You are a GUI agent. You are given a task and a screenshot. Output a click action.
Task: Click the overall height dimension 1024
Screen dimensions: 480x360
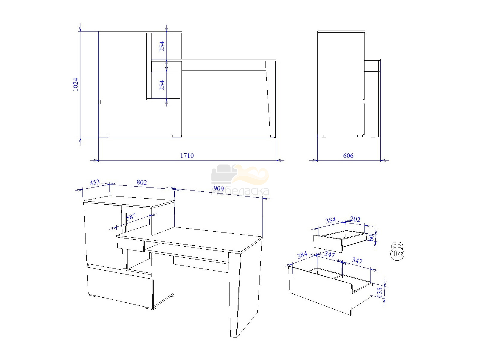pyautogui.click(x=75, y=84)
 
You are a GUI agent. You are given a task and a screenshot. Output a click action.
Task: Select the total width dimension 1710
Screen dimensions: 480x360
pyautogui.click(x=187, y=156)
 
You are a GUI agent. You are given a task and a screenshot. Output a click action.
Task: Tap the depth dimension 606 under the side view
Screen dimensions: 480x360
pyautogui.click(x=348, y=156)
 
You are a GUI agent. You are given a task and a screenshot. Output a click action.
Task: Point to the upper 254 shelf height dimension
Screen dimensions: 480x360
pyautogui.click(x=162, y=46)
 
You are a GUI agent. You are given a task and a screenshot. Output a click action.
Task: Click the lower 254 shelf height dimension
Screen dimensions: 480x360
pyautogui.click(x=162, y=85)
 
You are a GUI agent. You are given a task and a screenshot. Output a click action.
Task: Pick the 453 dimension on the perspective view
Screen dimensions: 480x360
pyautogui.click(x=95, y=182)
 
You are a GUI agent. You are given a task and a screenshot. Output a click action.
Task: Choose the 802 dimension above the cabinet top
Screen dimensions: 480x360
pyautogui.click(x=142, y=182)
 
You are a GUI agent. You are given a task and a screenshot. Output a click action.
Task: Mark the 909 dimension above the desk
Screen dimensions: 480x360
pyautogui.click(x=219, y=188)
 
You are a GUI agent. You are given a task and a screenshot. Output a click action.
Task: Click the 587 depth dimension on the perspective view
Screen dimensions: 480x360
pyautogui.click(x=131, y=217)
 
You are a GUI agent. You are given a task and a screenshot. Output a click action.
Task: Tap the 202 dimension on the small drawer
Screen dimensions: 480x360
pyautogui.click(x=355, y=219)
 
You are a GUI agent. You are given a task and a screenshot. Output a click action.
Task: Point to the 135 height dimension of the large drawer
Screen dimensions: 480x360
pyautogui.click(x=380, y=292)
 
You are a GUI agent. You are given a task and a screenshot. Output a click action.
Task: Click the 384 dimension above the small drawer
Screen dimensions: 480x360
pyautogui.click(x=331, y=220)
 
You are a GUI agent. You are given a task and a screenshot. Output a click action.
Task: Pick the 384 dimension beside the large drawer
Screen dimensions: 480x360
pyautogui.click(x=302, y=255)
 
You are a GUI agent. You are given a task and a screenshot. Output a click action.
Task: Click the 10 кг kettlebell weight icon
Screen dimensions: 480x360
pyautogui.click(x=397, y=251)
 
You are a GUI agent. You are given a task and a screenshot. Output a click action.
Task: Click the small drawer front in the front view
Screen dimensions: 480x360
pyautogui.click(x=166, y=66)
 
